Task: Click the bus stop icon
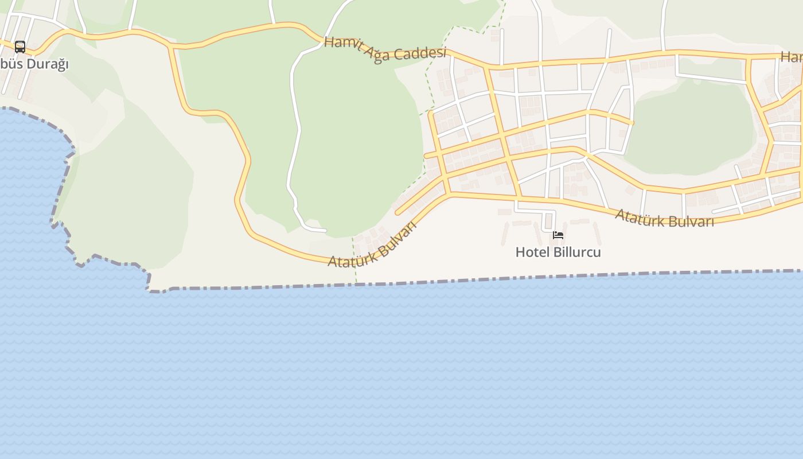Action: (x=20, y=46)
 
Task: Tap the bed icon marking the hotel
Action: (x=558, y=235)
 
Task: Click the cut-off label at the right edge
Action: (x=792, y=57)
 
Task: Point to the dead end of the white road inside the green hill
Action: (x=325, y=231)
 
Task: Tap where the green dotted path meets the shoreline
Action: (x=356, y=283)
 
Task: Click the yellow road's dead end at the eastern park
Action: (x=632, y=123)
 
